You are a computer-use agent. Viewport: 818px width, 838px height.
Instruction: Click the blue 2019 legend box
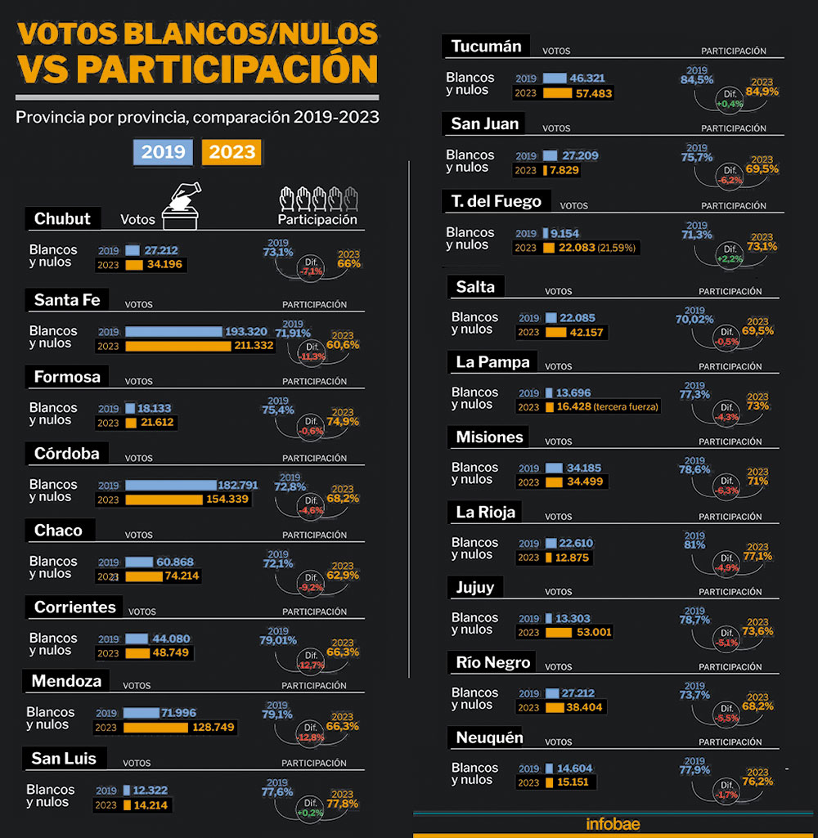pos(164,152)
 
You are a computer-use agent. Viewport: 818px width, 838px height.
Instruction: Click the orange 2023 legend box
pos(232,152)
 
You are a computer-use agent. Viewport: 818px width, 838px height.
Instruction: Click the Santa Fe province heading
pos(67,300)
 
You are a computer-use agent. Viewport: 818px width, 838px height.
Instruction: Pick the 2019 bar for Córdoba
pos(170,485)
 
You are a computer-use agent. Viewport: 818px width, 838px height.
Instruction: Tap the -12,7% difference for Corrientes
pos(312,664)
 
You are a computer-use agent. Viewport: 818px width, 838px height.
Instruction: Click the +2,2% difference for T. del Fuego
pos(730,258)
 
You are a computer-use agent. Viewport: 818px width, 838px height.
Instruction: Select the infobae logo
pos(613,824)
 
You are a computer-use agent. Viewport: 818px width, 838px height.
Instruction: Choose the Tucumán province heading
pos(486,47)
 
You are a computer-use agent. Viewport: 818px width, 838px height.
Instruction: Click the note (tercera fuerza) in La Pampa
pos(626,407)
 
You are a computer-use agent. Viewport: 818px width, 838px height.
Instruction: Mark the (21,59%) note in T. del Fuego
pos(618,248)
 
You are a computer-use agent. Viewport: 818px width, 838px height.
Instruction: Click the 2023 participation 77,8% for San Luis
pos(342,803)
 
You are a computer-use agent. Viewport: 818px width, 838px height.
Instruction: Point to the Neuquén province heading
pos(489,738)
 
